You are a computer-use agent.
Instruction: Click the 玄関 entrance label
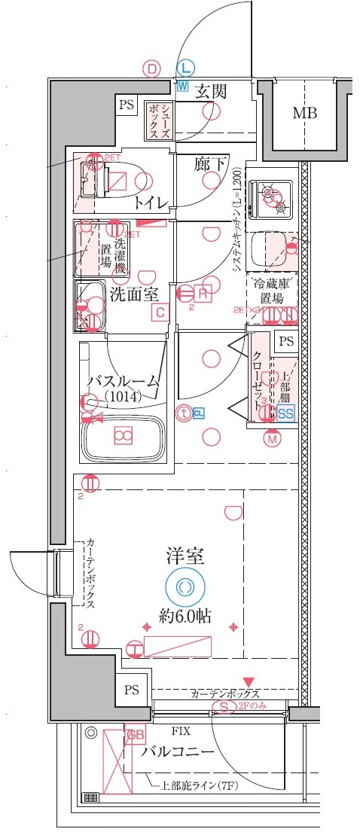pos(211,93)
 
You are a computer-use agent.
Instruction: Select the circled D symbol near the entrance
pos(153,69)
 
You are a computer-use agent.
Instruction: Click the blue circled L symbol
pos(185,69)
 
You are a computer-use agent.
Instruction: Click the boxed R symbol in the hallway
pos(203,293)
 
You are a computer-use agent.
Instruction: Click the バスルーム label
pos(123,382)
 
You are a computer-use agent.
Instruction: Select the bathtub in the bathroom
pos(124,437)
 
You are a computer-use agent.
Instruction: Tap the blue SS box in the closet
pos(285,413)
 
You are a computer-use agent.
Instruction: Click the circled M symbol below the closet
pos(271,437)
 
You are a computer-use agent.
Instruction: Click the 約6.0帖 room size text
pos(185,615)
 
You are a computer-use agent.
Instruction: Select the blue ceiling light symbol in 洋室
pos(185,587)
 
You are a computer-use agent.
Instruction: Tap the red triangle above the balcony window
pos(249,681)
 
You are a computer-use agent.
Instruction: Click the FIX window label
pos(181,730)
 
